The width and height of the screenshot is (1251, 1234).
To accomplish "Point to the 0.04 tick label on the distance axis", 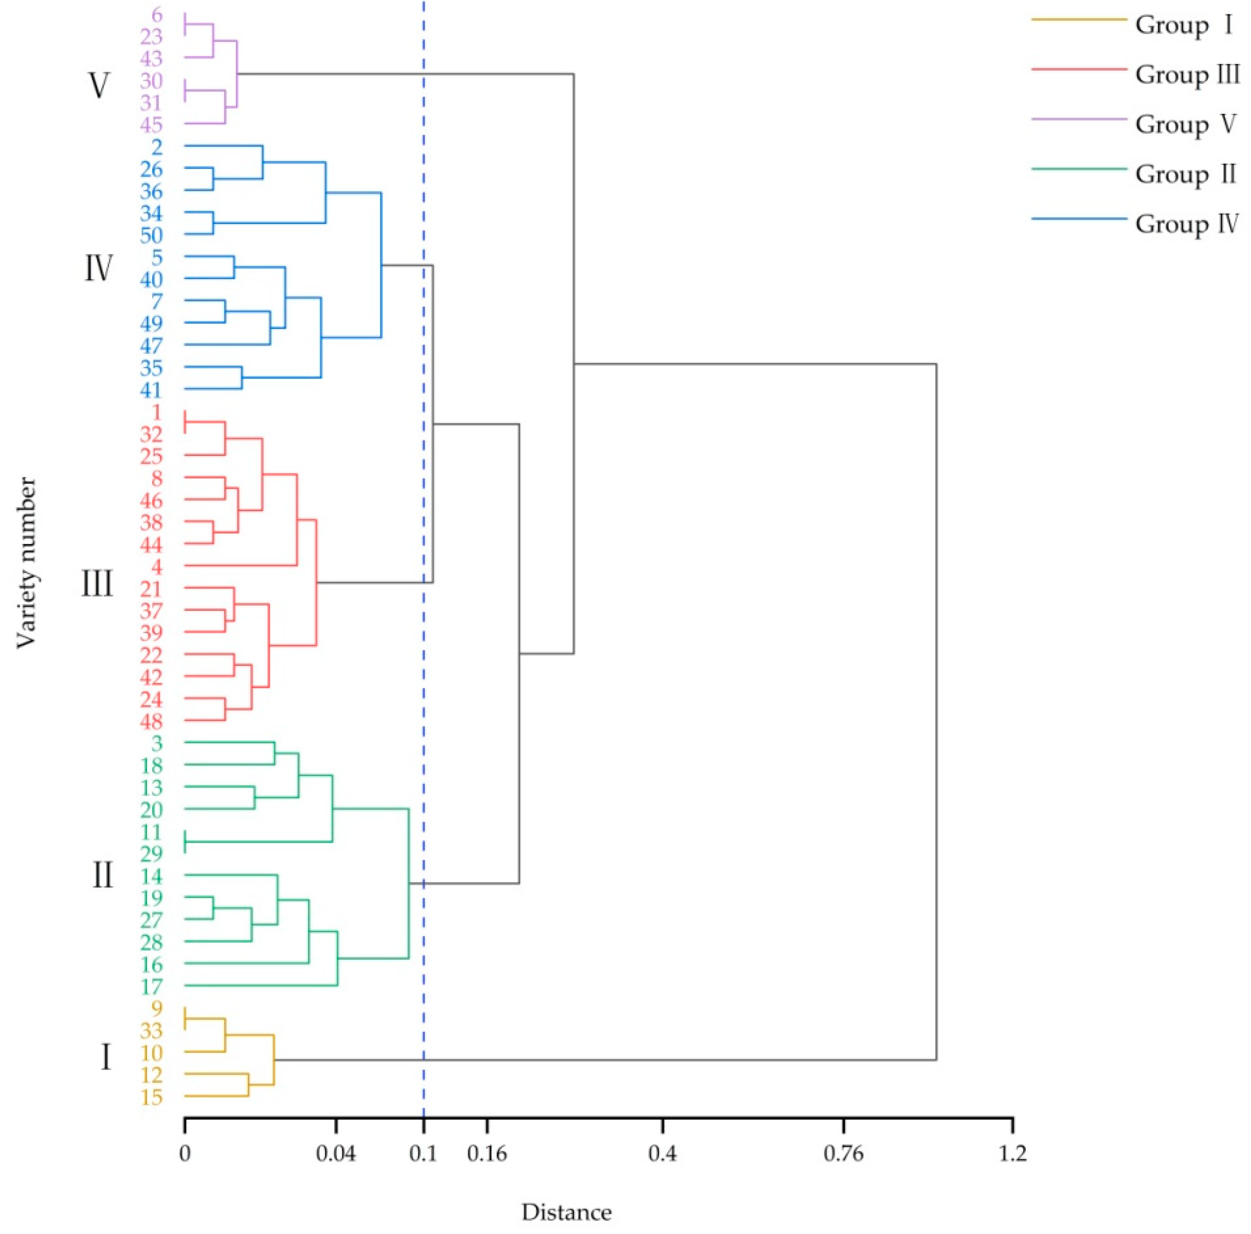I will click(x=335, y=1154).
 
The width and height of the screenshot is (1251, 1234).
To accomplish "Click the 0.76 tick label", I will click(x=843, y=1154).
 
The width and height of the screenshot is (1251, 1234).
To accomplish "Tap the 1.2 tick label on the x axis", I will click(x=1012, y=1154).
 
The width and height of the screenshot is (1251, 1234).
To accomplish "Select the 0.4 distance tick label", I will click(x=662, y=1154).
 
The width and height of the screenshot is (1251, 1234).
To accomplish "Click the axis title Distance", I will click(x=566, y=1212).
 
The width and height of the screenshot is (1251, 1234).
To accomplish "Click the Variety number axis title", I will click(x=26, y=563).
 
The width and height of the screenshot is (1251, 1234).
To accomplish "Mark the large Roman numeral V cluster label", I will click(x=98, y=86).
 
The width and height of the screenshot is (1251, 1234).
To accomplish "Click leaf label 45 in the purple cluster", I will click(x=151, y=124).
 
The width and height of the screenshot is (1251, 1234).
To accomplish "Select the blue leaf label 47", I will click(x=151, y=346).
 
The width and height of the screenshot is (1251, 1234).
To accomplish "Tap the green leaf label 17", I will click(x=151, y=987).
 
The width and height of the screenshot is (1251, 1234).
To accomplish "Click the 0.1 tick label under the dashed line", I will click(x=423, y=1154).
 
